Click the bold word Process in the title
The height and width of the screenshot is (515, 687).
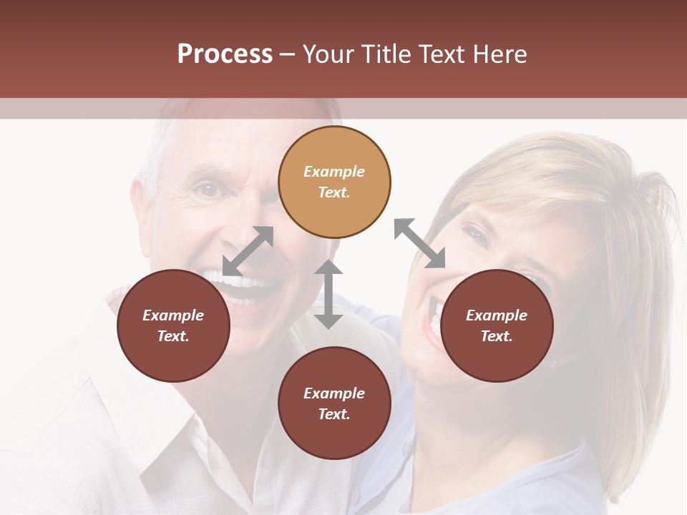pos(225,54)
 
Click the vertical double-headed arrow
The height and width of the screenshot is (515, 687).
pos(328,294)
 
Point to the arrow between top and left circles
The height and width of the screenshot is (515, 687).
pos(248,251)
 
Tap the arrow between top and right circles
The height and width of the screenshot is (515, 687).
pos(419,243)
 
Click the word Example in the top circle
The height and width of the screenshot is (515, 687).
pos(334,172)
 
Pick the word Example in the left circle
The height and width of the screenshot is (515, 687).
pos(173,315)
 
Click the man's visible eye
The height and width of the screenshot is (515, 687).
pos(208,190)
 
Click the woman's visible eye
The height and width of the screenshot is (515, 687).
pos(474,234)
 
